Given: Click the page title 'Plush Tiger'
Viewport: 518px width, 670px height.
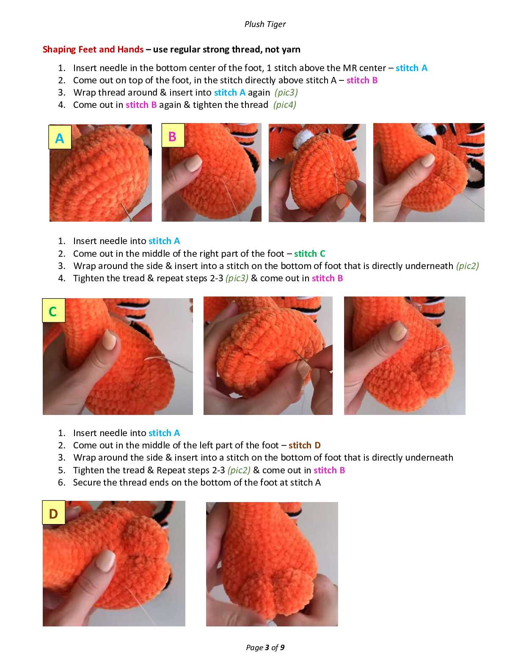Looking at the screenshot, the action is point(265,24).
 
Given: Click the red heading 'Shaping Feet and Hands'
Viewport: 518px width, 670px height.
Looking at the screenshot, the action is point(93,49).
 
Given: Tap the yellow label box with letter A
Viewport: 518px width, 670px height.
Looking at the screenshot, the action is point(60,137).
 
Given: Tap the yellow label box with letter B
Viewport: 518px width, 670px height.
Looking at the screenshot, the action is point(173,136).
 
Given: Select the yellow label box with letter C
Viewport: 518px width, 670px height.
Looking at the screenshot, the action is point(54,310).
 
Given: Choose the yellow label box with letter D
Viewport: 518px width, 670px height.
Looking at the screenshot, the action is point(54,513).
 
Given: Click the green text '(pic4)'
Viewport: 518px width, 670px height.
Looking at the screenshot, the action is point(284,105).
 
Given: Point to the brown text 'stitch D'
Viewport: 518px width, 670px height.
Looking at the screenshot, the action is point(305,445).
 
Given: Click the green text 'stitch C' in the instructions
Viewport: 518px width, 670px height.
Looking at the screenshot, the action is point(309,253).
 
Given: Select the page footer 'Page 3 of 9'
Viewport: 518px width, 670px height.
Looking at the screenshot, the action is point(265,648).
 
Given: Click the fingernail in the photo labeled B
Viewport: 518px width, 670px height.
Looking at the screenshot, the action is point(193,163).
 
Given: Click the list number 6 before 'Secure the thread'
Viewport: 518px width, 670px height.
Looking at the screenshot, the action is point(62,483).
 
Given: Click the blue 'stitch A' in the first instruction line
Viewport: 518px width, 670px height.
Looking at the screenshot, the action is point(411,68).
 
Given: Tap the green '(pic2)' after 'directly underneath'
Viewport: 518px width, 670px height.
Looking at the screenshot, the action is point(467,266).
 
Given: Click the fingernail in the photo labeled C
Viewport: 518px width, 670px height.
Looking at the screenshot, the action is point(109,340).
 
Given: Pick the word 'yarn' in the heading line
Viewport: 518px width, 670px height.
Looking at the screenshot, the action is point(290,50).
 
